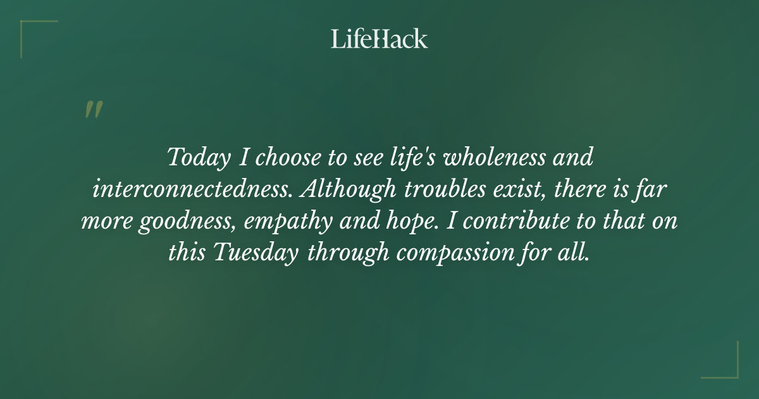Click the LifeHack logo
[x=379, y=39]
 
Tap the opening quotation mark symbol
[x=93, y=110]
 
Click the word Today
[x=199, y=158]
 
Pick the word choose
[x=286, y=158]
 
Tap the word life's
[x=410, y=158]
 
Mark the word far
[x=655, y=189]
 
